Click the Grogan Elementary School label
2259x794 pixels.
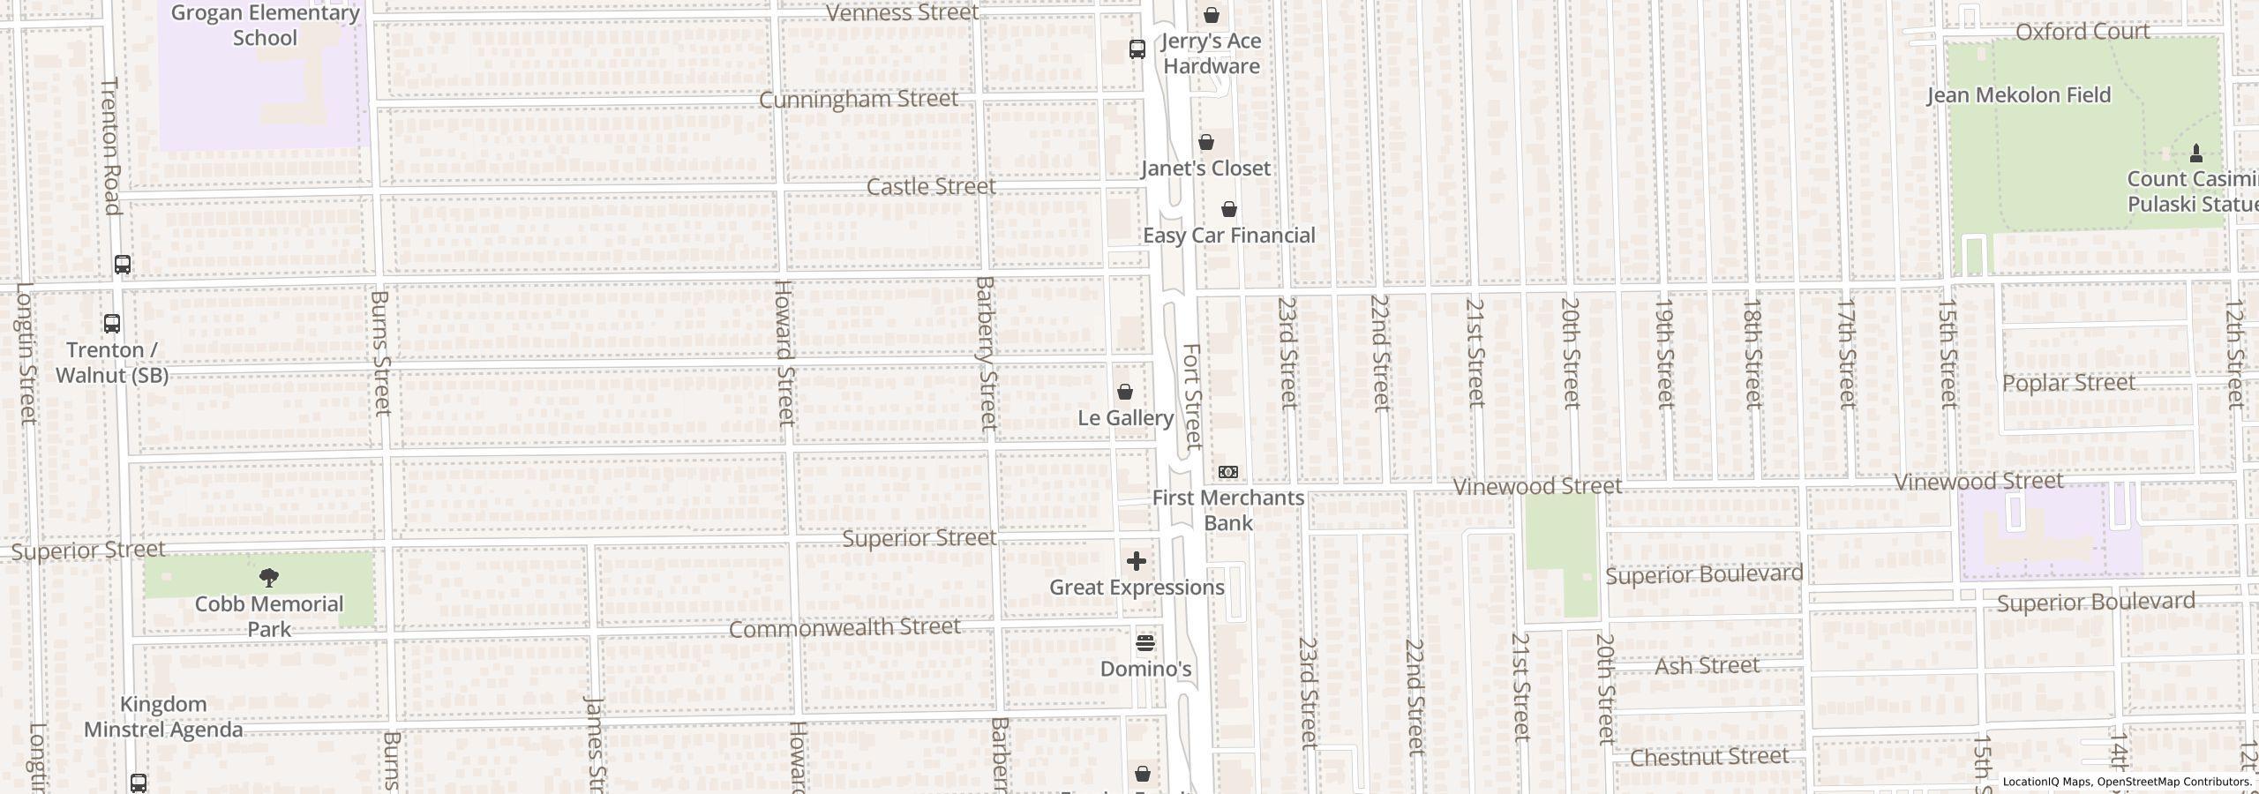[265, 26]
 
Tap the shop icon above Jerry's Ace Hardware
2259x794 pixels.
[1212, 15]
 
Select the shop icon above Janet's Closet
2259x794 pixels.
[1206, 142]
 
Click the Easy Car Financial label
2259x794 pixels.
[1228, 236]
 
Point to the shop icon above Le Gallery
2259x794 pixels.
[1125, 392]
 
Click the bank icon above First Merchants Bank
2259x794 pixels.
[1227, 472]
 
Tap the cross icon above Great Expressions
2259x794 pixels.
[1137, 561]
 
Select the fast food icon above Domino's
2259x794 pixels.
[1145, 643]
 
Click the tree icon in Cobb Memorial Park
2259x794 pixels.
[269, 578]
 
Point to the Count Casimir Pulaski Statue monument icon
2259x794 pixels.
[2196, 154]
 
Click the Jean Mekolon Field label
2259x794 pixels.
[2019, 95]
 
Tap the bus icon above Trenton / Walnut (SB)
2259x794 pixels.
[112, 324]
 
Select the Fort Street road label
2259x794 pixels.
[1192, 396]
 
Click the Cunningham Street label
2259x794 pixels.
[858, 99]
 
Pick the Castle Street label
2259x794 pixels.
[931, 187]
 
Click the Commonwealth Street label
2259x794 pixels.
[844, 627]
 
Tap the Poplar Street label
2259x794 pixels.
[2068, 383]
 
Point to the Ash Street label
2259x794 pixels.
[1707, 666]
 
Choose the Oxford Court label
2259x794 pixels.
[2082, 32]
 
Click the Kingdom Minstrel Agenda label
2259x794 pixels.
[163, 717]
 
